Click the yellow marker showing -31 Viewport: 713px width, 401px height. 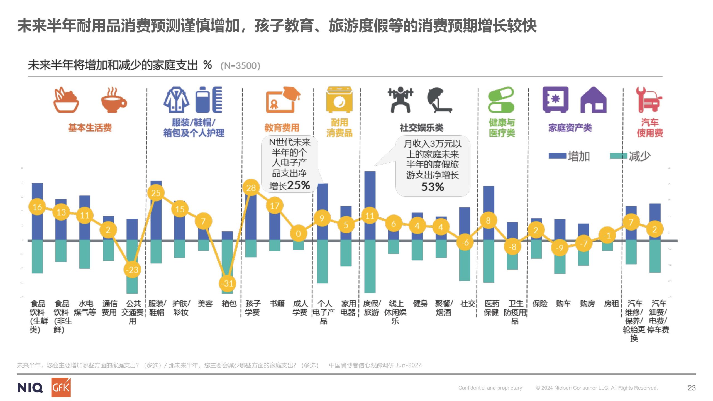[228, 283]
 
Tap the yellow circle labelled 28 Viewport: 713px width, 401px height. [251, 188]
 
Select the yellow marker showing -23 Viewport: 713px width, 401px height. [132, 270]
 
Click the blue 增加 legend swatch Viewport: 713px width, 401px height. [557, 156]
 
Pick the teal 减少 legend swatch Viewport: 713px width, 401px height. [618, 156]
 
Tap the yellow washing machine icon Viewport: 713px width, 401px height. [339, 100]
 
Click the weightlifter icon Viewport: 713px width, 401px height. [401, 100]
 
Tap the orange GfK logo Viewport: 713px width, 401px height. [61, 387]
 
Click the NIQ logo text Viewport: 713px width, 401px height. [30, 388]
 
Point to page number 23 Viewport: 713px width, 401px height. [692, 388]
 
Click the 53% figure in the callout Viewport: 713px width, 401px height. [433, 187]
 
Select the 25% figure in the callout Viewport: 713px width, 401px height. [298, 185]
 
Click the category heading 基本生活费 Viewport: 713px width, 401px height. [90, 128]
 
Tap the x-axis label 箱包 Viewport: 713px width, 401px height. [229, 304]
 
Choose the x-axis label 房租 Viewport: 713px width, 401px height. [611, 304]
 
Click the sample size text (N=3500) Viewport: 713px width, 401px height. [240, 66]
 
